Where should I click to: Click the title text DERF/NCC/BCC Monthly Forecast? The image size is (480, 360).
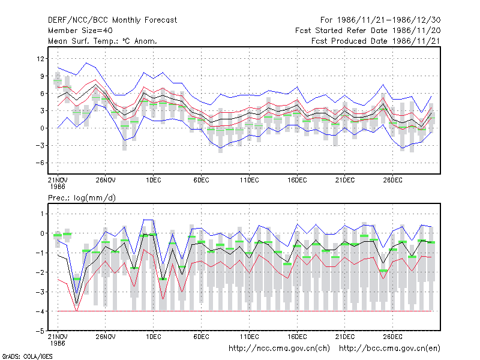pyautogui.click(x=112, y=20)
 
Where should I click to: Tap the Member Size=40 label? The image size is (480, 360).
pyautogui.click(x=80, y=31)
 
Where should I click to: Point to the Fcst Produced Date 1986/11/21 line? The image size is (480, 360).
pyautogui.click(x=376, y=41)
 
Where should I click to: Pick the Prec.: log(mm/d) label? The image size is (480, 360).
pyautogui.click(x=82, y=198)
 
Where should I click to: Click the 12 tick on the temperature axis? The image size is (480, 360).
pyautogui.click(x=41, y=58)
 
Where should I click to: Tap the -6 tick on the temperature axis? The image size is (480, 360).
pyautogui.click(x=40, y=163)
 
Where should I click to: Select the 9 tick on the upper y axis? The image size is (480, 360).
pyautogui.click(x=42, y=76)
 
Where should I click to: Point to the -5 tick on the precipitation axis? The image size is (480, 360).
pyautogui.click(x=40, y=331)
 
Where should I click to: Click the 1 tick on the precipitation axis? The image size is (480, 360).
pyautogui.click(x=42, y=214)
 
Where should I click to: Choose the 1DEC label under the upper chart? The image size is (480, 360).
pyautogui.click(x=154, y=180)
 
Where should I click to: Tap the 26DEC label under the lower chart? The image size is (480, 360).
pyautogui.click(x=393, y=337)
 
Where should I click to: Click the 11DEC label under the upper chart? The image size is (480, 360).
pyautogui.click(x=249, y=180)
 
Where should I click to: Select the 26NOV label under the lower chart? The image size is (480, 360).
pyautogui.click(x=106, y=337)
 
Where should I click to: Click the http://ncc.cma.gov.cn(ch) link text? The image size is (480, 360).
pyautogui.click(x=280, y=349)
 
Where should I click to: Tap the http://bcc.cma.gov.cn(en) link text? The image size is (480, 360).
pyautogui.click(x=389, y=349)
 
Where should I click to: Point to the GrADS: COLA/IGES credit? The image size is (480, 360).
pyautogui.click(x=27, y=356)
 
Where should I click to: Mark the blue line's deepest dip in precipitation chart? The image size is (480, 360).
pyautogui.click(x=77, y=293)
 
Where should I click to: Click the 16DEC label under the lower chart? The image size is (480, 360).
pyautogui.click(x=297, y=337)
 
